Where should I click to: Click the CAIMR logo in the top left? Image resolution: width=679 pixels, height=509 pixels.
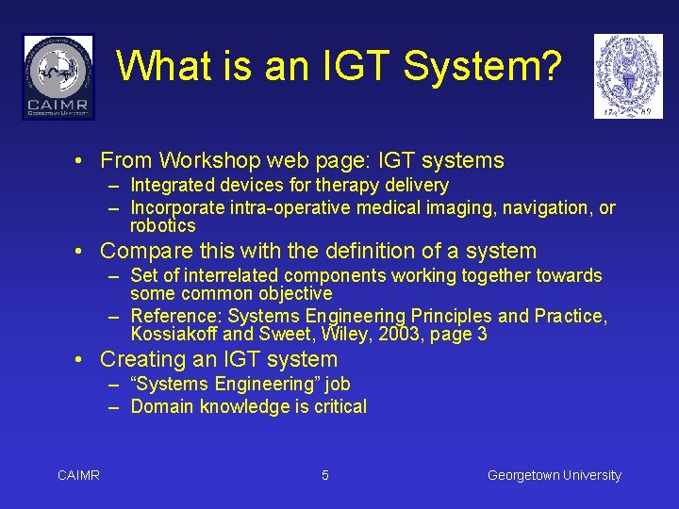(x=58, y=76)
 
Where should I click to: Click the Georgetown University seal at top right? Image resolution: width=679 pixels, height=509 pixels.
(x=628, y=76)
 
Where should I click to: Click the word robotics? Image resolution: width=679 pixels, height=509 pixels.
(x=163, y=226)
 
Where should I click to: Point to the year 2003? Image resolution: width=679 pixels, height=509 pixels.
(x=402, y=335)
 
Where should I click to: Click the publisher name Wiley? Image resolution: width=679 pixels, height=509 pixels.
(x=348, y=335)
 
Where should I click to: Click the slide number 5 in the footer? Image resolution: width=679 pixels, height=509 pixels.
(x=325, y=476)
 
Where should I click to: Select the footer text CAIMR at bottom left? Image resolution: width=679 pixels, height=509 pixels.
(x=78, y=476)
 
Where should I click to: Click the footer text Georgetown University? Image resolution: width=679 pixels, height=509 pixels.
(x=555, y=476)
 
